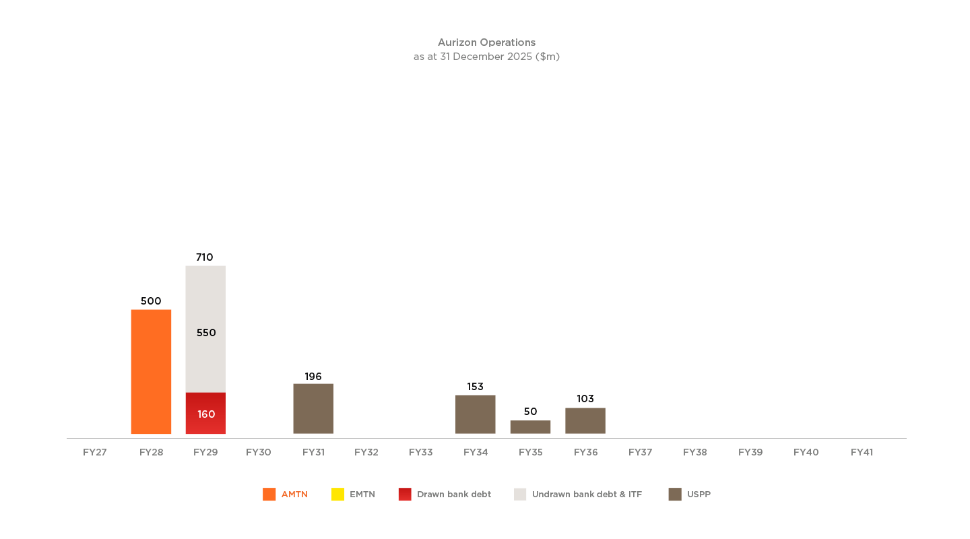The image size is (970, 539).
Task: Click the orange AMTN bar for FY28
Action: click(x=151, y=372)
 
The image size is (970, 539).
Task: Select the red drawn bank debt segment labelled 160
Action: click(x=205, y=414)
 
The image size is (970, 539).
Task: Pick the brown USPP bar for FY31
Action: click(x=313, y=409)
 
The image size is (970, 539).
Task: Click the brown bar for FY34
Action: click(x=476, y=414)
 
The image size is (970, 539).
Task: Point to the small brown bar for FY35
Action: click(x=530, y=427)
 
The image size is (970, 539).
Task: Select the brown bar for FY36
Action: click(x=585, y=420)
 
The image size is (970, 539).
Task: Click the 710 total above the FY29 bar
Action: click(x=204, y=257)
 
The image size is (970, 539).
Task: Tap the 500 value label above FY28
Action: click(x=151, y=301)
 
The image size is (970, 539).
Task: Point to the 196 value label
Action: click(x=313, y=377)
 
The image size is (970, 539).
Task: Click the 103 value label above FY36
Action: click(x=585, y=399)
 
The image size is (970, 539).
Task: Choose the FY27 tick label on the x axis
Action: click(x=95, y=452)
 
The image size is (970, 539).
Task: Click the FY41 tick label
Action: click(x=862, y=452)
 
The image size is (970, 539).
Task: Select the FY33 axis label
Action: click(x=421, y=452)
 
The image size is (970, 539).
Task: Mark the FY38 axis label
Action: click(x=695, y=452)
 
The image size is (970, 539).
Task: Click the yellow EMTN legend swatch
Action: click(x=337, y=495)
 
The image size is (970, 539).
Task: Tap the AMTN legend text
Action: click(x=294, y=495)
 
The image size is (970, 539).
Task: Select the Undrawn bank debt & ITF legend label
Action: click(x=587, y=495)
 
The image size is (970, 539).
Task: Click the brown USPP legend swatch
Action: click(x=675, y=495)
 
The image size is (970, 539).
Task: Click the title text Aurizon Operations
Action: click(x=486, y=42)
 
